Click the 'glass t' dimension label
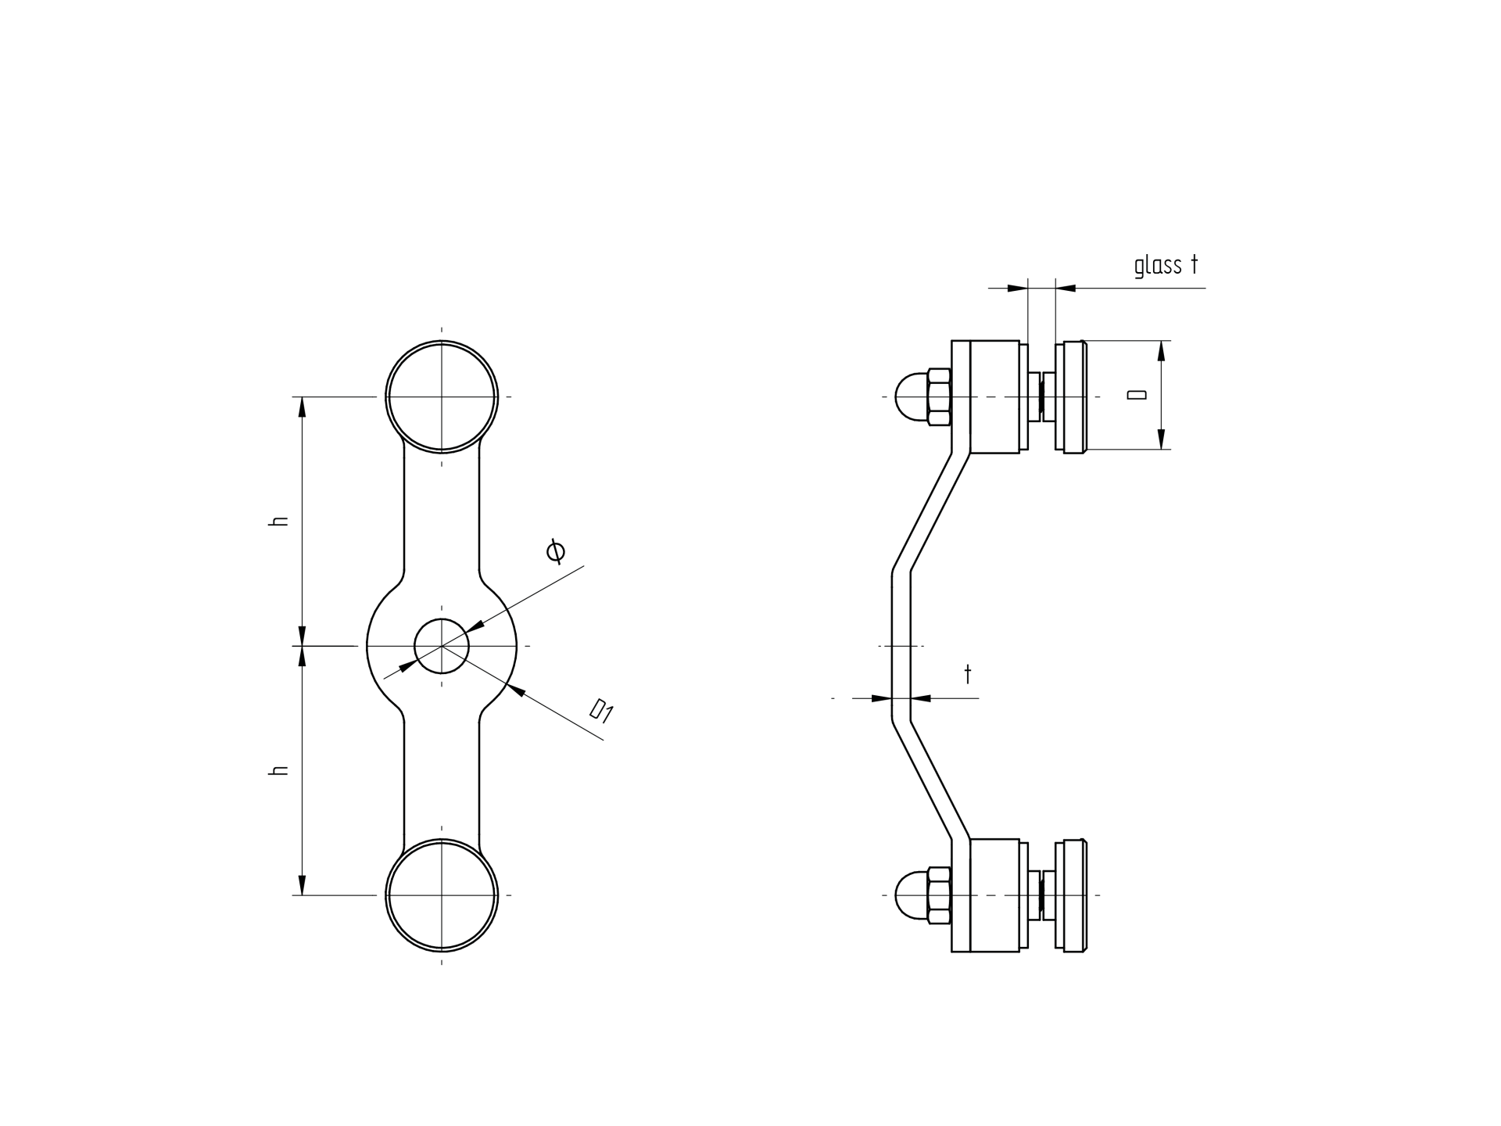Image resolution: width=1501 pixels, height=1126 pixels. tap(1166, 265)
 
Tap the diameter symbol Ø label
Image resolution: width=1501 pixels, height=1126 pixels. tap(556, 551)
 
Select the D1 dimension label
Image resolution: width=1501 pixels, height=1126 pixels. tap(601, 711)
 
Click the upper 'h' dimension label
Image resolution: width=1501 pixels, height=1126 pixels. tap(278, 521)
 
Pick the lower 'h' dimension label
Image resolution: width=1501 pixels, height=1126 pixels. tap(278, 770)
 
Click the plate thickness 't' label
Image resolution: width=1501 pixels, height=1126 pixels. tap(968, 673)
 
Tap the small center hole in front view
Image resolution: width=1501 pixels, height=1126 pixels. tap(442, 646)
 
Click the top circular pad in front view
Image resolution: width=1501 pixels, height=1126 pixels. tap(442, 396)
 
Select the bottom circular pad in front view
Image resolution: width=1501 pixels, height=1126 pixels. tap(442, 895)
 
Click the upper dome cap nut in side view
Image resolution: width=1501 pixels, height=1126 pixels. tap(910, 396)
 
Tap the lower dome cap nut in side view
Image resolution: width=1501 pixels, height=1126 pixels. tap(910, 895)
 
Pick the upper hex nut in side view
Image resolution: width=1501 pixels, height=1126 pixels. tap(939, 396)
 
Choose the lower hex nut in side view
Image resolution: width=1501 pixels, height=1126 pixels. tap(939, 895)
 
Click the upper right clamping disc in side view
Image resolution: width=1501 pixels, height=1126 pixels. tap(1071, 396)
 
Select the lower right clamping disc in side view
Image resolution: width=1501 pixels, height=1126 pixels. tap(1071, 895)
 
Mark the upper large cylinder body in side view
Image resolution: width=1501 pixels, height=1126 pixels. tap(994, 396)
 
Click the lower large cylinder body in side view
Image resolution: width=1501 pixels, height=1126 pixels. tap(994, 895)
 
